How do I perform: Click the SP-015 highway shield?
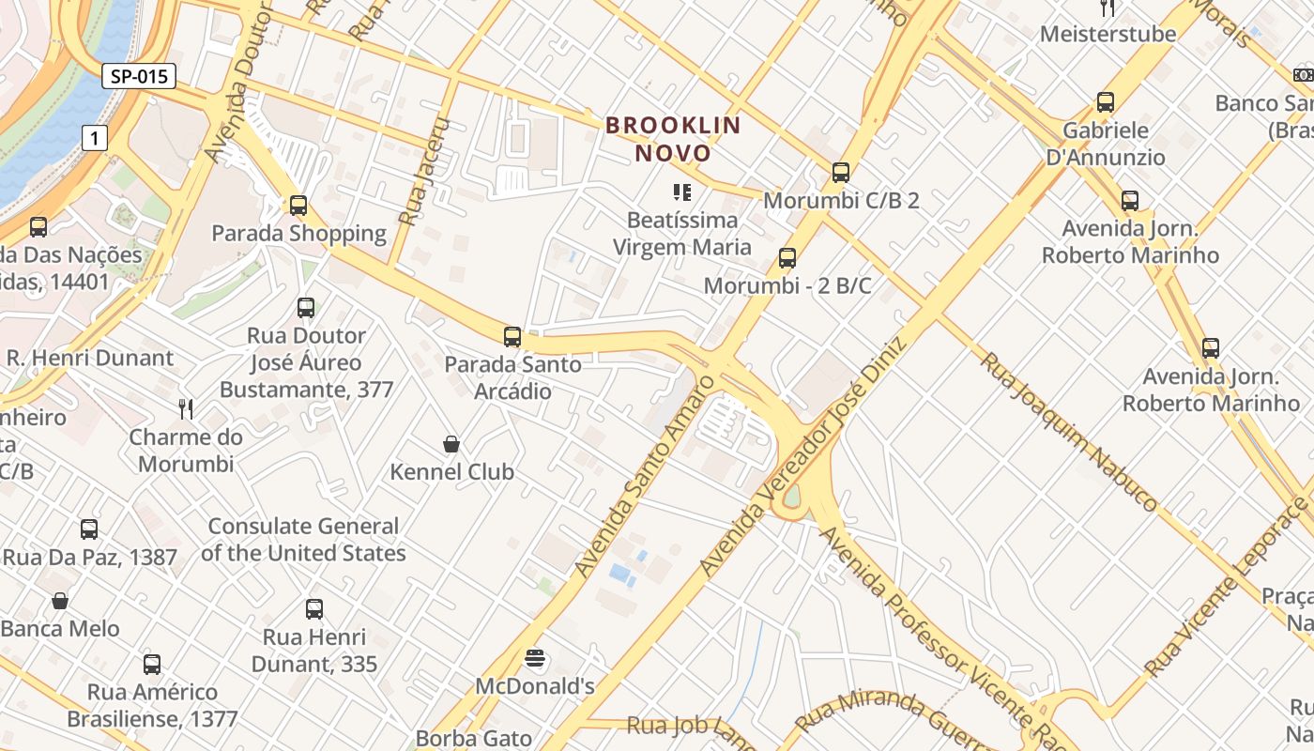pyautogui.click(x=139, y=76)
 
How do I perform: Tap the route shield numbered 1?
pyautogui.click(x=94, y=138)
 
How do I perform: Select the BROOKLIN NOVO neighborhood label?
pyautogui.click(x=673, y=138)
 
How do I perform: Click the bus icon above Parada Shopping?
pyautogui.click(x=298, y=205)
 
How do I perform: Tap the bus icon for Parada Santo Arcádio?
pyautogui.click(x=512, y=336)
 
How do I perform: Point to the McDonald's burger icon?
pyautogui.click(x=535, y=658)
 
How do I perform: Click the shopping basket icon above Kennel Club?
pyautogui.click(x=451, y=443)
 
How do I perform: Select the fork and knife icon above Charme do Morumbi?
pyautogui.click(x=186, y=408)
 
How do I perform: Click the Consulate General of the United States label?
pyautogui.click(x=303, y=540)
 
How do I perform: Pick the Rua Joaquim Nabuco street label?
pyautogui.click(x=1069, y=431)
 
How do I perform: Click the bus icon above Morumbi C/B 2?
pyautogui.click(x=841, y=172)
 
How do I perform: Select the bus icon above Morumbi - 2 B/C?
pyautogui.click(x=787, y=257)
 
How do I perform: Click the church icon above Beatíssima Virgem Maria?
pyautogui.click(x=682, y=192)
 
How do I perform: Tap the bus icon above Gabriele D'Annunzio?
pyautogui.click(x=1106, y=101)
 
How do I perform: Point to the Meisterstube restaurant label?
pyautogui.click(x=1108, y=34)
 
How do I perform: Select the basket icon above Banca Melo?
pyautogui.click(x=60, y=600)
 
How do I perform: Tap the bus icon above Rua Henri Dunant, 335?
pyautogui.click(x=314, y=608)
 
